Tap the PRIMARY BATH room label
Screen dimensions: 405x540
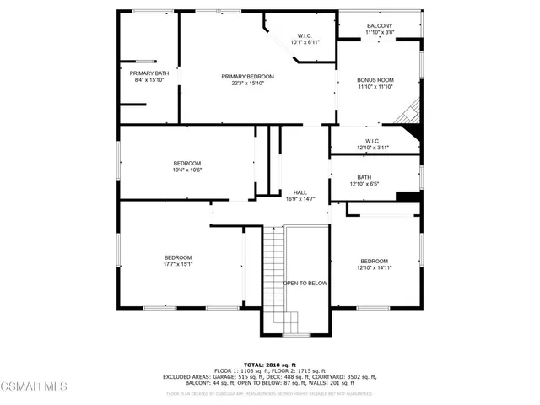pyautogui.click(x=148, y=73)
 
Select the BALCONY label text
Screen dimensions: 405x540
pyautogui.click(x=380, y=26)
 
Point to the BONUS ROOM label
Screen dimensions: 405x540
pyautogui.click(x=375, y=80)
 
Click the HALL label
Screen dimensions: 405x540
pyautogui.click(x=299, y=192)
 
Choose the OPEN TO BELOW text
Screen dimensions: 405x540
pyautogui.click(x=305, y=283)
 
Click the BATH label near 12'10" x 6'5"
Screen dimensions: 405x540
pyautogui.click(x=364, y=177)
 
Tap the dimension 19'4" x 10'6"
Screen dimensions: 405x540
pyautogui.click(x=187, y=170)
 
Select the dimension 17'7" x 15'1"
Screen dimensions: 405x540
pyautogui.click(x=178, y=264)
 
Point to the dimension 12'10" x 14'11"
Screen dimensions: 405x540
pyautogui.click(x=374, y=267)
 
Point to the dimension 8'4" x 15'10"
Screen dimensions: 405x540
pyautogui.click(x=148, y=80)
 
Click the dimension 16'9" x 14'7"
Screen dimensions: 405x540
pyautogui.click(x=299, y=199)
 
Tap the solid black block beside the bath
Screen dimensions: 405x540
pyautogui.click(x=408, y=197)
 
